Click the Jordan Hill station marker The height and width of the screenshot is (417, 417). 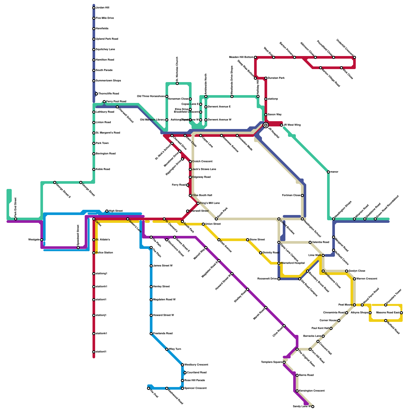pos(94,8)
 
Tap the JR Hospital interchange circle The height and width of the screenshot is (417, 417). pos(266,125)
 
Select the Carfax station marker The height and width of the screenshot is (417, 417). pos(94,219)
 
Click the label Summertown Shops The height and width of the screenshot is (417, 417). pos(108,81)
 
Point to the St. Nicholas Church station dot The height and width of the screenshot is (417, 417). pos(177,83)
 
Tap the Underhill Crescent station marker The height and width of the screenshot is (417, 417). pos(354,57)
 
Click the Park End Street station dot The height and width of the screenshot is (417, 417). pos(16,219)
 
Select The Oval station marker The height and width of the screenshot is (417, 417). pos(149,388)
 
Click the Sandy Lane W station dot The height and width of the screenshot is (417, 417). pos(313,407)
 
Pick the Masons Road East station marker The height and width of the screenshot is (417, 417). pos(401,313)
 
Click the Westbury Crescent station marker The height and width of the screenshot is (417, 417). pos(182,365)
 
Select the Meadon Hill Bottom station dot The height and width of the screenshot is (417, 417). pos(255,57)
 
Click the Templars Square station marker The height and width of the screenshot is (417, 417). pos(284,362)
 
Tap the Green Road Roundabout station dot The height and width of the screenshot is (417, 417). pos(375,219)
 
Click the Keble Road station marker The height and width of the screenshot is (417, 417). pos(94,169)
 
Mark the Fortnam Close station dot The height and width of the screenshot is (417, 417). pos(302,195)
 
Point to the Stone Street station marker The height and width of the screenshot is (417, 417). pos(248,240)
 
